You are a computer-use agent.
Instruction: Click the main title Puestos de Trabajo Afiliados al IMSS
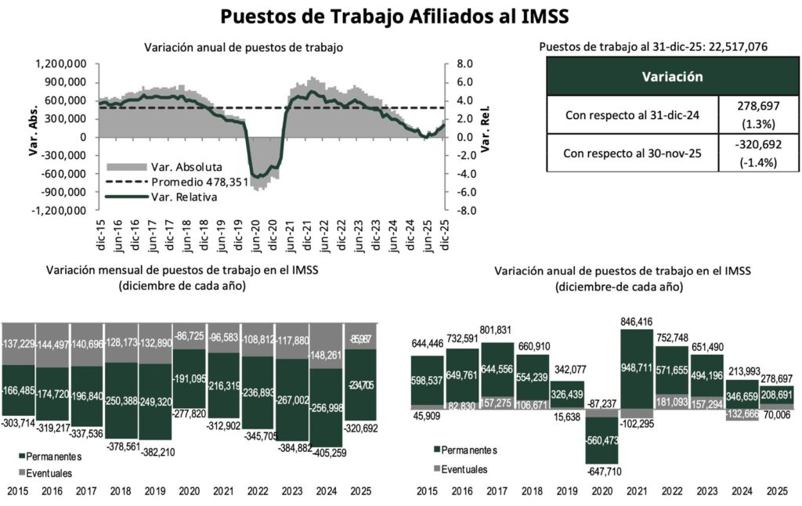[x=394, y=16]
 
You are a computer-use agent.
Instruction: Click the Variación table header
[x=671, y=77]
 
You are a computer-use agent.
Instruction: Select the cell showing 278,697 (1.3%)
[x=758, y=115]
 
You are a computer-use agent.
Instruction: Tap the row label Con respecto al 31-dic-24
[x=632, y=115]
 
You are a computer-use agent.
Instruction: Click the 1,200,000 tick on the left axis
[x=60, y=63]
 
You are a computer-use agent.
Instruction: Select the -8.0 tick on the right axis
[x=465, y=211]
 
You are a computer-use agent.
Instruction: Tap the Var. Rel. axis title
[x=486, y=136]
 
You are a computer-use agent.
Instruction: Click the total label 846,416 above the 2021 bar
[x=641, y=320]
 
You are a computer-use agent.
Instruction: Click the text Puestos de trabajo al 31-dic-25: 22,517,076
[x=653, y=47]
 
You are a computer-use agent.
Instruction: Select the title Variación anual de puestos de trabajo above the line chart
[x=244, y=48]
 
